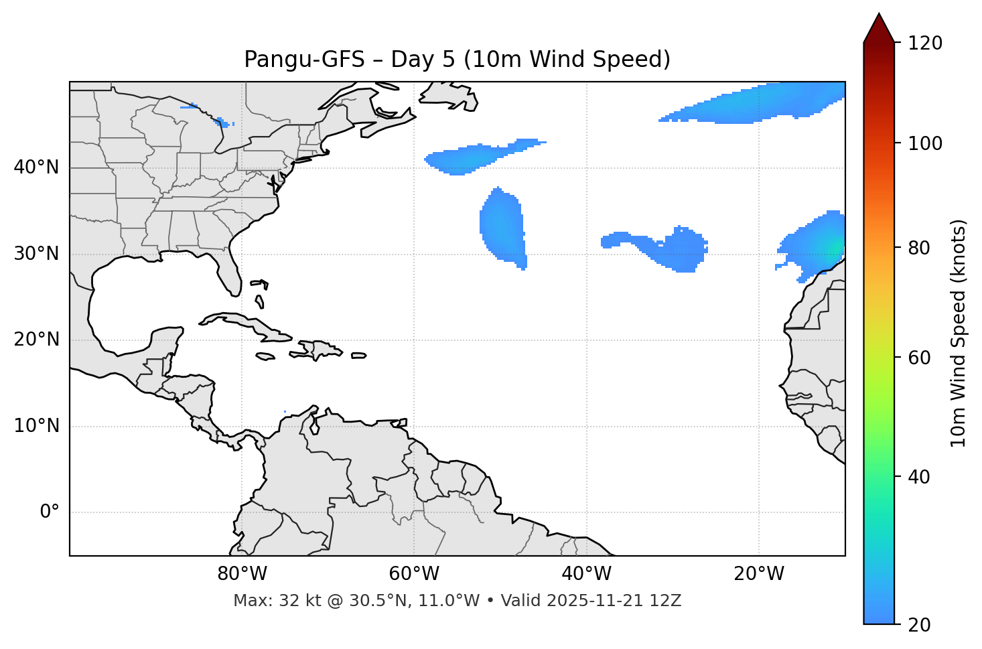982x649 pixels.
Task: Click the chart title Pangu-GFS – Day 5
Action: [x=457, y=60]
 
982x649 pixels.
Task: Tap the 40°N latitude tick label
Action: [x=36, y=167]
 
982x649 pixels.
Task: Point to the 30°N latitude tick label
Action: [x=36, y=254]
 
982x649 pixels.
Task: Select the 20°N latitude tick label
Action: [x=36, y=340]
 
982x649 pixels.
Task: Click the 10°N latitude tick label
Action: [x=36, y=426]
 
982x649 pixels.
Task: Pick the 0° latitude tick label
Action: [x=50, y=512]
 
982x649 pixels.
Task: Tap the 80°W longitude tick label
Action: [x=242, y=574]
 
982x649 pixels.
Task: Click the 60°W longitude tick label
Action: [x=414, y=574]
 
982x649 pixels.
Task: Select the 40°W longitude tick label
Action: [x=586, y=574]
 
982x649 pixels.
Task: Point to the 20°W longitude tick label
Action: [x=758, y=574]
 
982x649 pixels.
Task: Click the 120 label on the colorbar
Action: [x=924, y=44]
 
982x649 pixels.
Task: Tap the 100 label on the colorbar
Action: [x=924, y=143]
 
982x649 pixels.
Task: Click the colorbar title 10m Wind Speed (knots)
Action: [x=959, y=333]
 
